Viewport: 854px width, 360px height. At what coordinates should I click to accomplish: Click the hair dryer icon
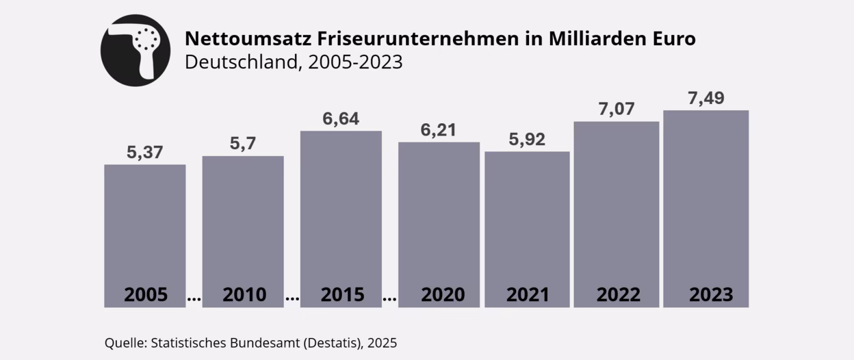click(136, 50)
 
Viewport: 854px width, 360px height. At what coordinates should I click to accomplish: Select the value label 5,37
click(145, 152)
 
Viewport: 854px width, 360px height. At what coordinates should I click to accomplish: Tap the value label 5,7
click(243, 144)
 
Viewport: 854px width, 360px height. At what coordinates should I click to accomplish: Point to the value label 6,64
click(341, 118)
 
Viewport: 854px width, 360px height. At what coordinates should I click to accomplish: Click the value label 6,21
click(439, 130)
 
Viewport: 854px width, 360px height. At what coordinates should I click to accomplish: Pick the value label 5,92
click(527, 140)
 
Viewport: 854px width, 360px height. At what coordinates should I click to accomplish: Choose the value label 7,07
click(616, 109)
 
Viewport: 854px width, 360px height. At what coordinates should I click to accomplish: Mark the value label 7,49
click(706, 98)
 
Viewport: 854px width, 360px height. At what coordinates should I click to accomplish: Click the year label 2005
click(145, 295)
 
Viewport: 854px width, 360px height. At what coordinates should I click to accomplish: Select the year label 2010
click(244, 295)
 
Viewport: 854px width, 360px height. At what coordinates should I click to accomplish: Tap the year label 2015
click(342, 295)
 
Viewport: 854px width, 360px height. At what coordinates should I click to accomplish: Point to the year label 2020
click(442, 295)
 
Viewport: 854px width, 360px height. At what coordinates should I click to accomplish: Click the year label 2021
click(528, 295)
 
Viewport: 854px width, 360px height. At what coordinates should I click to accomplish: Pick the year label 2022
click(618, 295)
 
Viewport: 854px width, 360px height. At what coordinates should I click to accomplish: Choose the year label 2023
click(711, 295)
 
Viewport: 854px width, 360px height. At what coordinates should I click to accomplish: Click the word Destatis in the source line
click(332, 342)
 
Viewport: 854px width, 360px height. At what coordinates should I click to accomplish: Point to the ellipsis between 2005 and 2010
click(194, 299)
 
